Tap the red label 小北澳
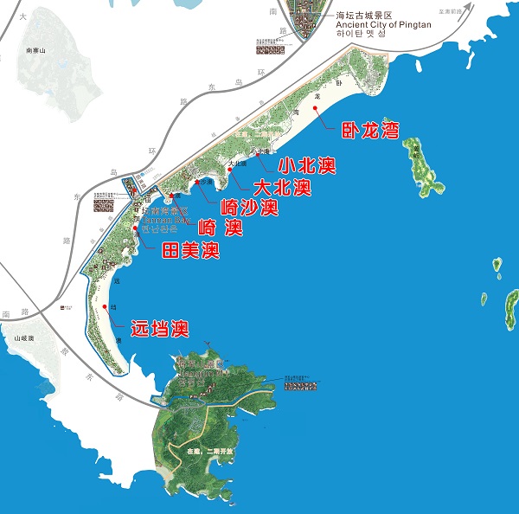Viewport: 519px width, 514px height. (306, 164)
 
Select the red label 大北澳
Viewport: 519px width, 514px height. (281, 187)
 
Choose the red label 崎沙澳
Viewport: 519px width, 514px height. (249, 208)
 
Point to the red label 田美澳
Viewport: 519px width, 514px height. (190, 252)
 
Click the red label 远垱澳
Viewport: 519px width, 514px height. (159, 329)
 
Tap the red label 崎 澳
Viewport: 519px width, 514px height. (220, 229)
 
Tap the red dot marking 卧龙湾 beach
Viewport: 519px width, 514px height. (329, 124)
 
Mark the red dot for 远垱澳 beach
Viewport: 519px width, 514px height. (106, 306)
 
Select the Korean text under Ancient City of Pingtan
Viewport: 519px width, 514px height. (362, 35)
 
